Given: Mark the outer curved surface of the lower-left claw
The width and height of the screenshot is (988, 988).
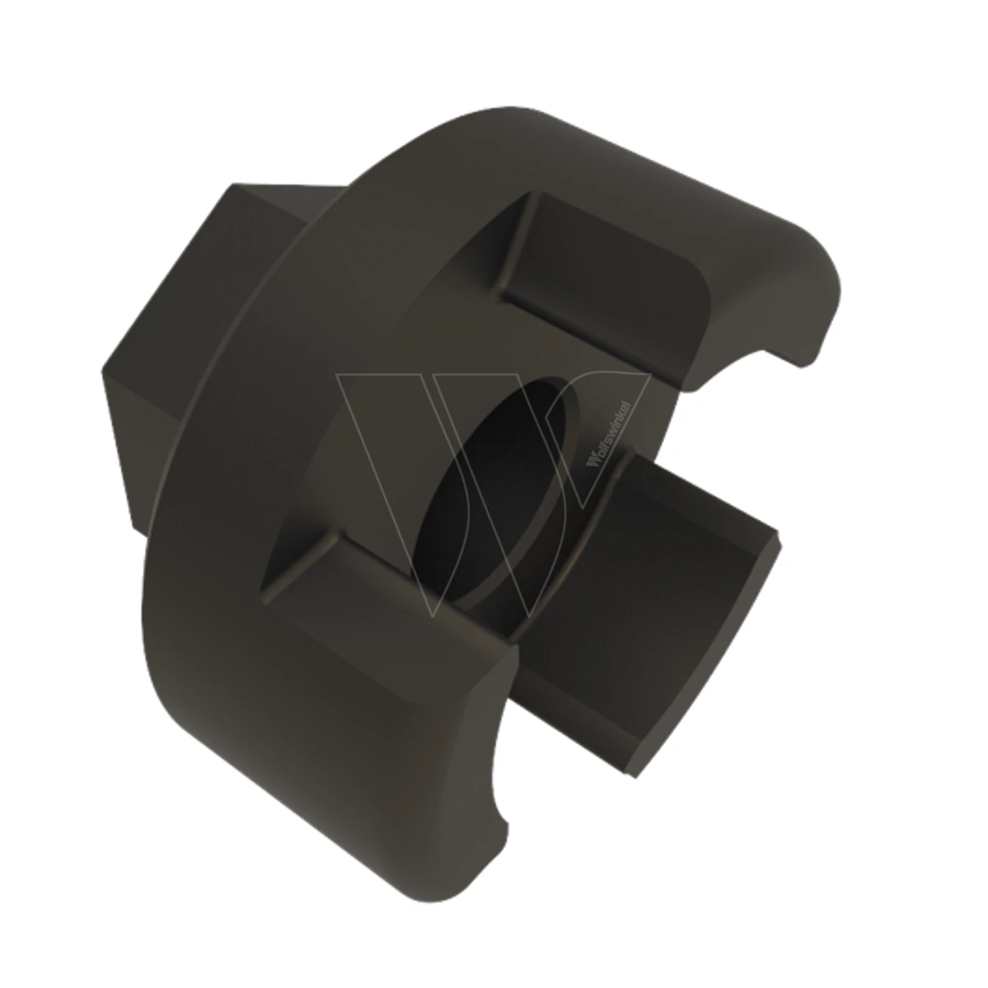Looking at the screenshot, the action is coord(318,718).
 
